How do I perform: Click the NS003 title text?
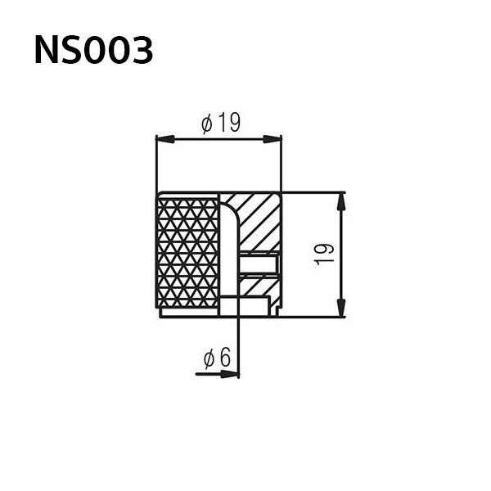click(x=93, y=50)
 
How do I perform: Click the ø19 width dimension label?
click(x=221, y=123)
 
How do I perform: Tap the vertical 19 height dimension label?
click(x=324, y=255)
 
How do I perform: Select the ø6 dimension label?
click(x=217, y=357)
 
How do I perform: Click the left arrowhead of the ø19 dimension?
click(x=165, y=139)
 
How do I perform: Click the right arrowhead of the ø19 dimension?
click(x=273, y=139)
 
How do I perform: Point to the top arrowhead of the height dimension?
click(x=341, y=201)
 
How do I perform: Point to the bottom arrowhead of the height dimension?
click(x=341, y=308)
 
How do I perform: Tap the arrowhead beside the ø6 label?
click(x=229, y=374)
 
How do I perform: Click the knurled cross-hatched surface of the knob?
click(x=187, y=253)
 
